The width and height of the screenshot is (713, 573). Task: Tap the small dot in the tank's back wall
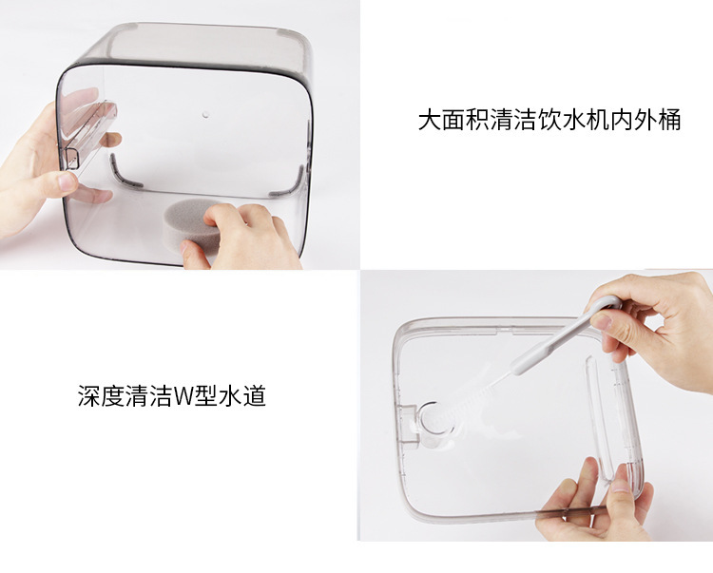point(205,115)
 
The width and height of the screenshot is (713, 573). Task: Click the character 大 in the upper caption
point(430,120)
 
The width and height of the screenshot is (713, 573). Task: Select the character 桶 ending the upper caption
point(669,120)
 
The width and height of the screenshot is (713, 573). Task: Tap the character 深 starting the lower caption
point(89,396)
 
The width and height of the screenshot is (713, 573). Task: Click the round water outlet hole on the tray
point(435,418)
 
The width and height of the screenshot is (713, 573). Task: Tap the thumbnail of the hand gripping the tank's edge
point(67,181)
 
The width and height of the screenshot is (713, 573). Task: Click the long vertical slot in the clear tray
point(599,418)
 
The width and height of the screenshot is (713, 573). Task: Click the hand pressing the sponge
point(241,237)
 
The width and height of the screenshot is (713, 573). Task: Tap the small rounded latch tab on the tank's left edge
point(72,158)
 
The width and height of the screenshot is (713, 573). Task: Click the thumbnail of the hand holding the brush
point(603,322)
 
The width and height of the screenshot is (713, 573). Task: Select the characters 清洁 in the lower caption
point(148,396)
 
